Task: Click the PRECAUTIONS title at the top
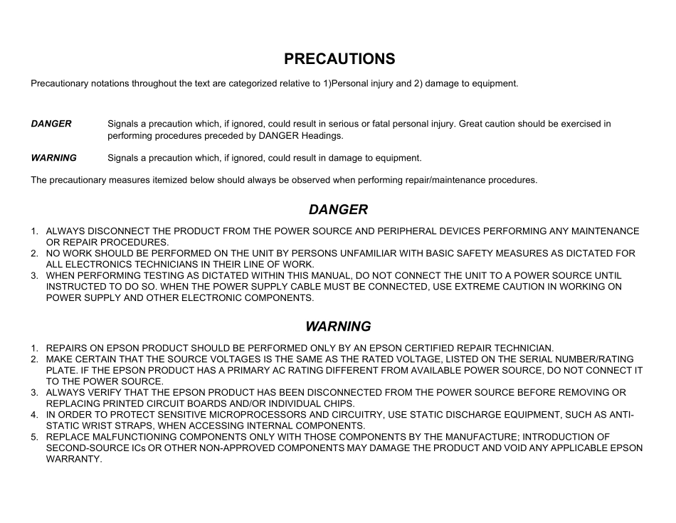point(339,58)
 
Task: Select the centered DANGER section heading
point(338,210)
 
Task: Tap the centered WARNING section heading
point(338,327)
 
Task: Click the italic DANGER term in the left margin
point(51,124)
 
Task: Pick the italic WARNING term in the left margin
point(53,158)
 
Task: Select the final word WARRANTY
point(74,459)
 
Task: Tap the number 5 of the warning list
point(33,437)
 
